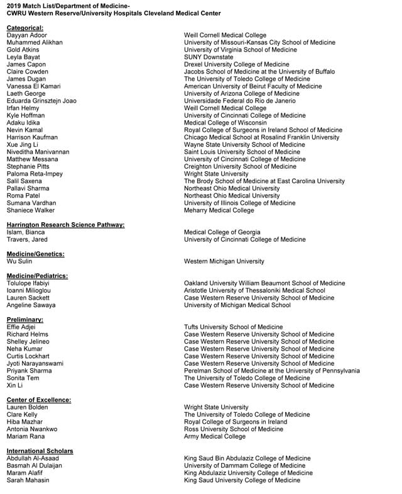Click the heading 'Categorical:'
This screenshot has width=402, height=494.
[25, 28]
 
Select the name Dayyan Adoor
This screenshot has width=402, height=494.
[26, 35]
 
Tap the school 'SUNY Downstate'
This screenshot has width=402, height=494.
[209, 57]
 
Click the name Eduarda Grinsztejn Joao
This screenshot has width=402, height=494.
[41, 101]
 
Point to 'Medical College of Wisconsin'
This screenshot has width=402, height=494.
[225, 123]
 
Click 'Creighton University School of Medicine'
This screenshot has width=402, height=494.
[240, 167]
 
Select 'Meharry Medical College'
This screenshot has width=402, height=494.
[219, 210]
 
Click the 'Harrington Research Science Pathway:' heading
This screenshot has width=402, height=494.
[65, 225]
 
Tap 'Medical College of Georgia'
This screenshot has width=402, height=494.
[222, 232]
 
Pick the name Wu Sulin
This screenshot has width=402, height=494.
[19, 261]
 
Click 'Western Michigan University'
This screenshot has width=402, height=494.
[224, 261]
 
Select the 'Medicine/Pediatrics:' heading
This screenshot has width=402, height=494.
[37, 276]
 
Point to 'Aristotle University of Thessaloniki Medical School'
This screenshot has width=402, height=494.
[254, 291]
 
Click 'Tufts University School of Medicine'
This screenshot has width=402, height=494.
[233, 327]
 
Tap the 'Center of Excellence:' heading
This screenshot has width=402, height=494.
[38, 400]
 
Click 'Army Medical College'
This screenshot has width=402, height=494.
[214, 436]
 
